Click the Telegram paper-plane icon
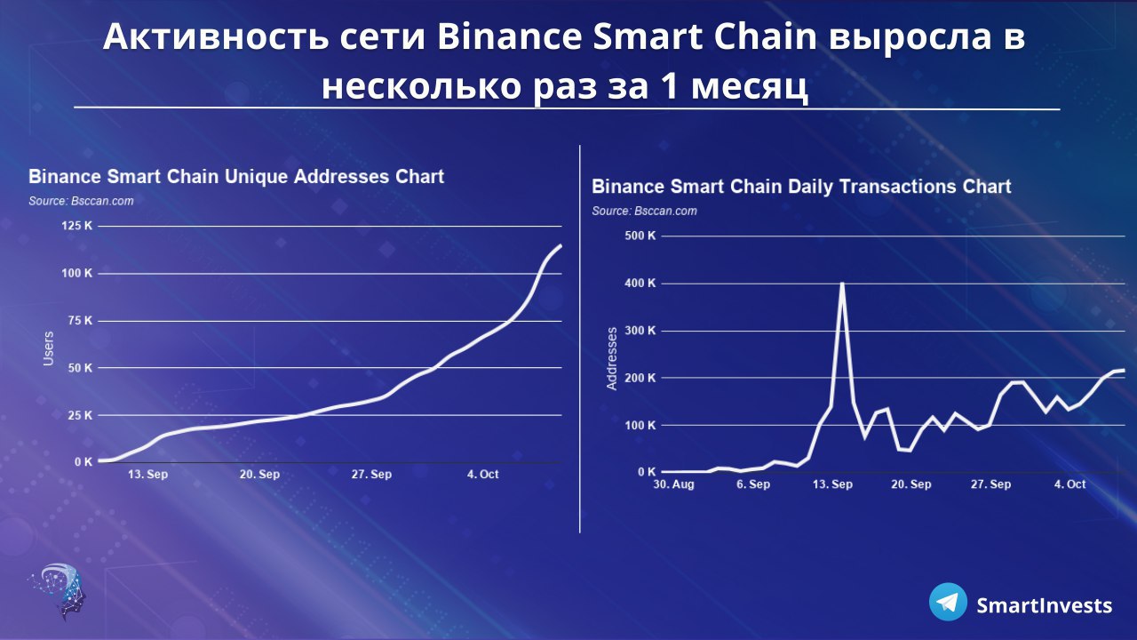tap(948, 602)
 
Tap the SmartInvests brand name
tap(1044, 605)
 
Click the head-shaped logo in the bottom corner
tap(59, 590)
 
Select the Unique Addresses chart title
tap(236, 177)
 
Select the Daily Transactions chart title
tap(801, 187)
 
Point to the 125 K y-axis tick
tap(77, 226)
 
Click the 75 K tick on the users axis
tap(80, 321)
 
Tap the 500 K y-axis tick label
tap(640, 236)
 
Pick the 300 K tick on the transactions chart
tap(640, 331)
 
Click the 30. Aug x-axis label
tap(673, 484)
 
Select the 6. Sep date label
tap(753, 484)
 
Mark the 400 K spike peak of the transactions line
tap(843, 283)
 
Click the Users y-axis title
tap(48, 348)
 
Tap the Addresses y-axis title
tap(612, 358)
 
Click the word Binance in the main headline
tap(510, 36)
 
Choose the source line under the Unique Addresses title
tap(81, 201)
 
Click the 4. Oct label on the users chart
tap(482, 475)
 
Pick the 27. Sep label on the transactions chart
tap(990, 484)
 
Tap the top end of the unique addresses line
tap(561, 246)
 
